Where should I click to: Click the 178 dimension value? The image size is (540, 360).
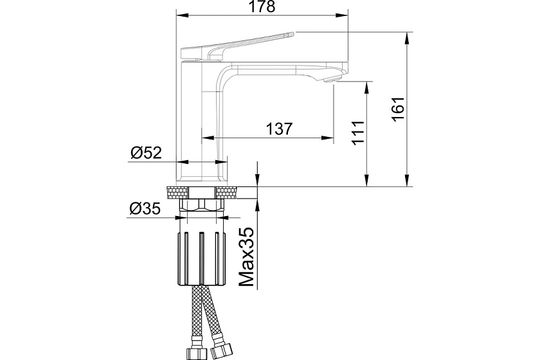click(262, 6)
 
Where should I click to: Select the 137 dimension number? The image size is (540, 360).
click(279, 129)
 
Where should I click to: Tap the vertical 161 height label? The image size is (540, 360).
click(398, 109)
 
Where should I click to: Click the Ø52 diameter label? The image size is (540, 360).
click(146, 152)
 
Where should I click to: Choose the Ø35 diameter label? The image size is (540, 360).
click(145, 208)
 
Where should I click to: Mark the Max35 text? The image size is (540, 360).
click(246, 256)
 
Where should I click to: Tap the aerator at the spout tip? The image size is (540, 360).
click(330, 80)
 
